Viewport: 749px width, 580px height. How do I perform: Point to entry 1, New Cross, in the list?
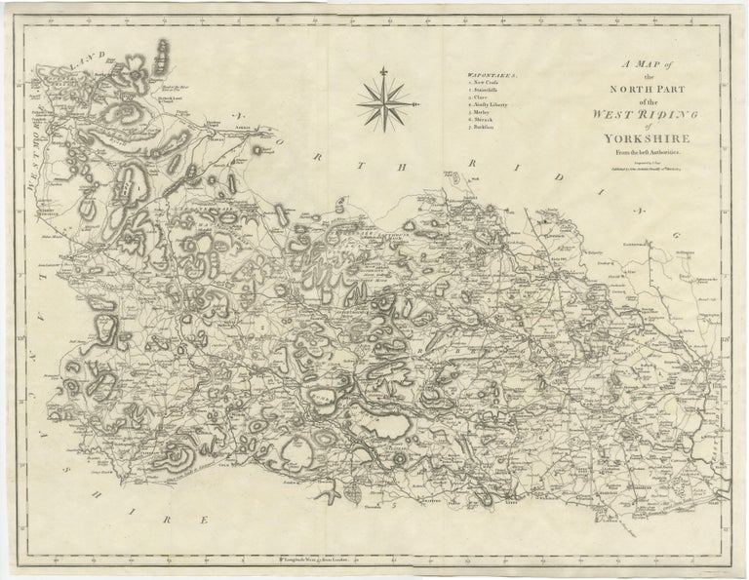pos(487,84)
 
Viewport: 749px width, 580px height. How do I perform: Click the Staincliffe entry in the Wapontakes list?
pos(490,93)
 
